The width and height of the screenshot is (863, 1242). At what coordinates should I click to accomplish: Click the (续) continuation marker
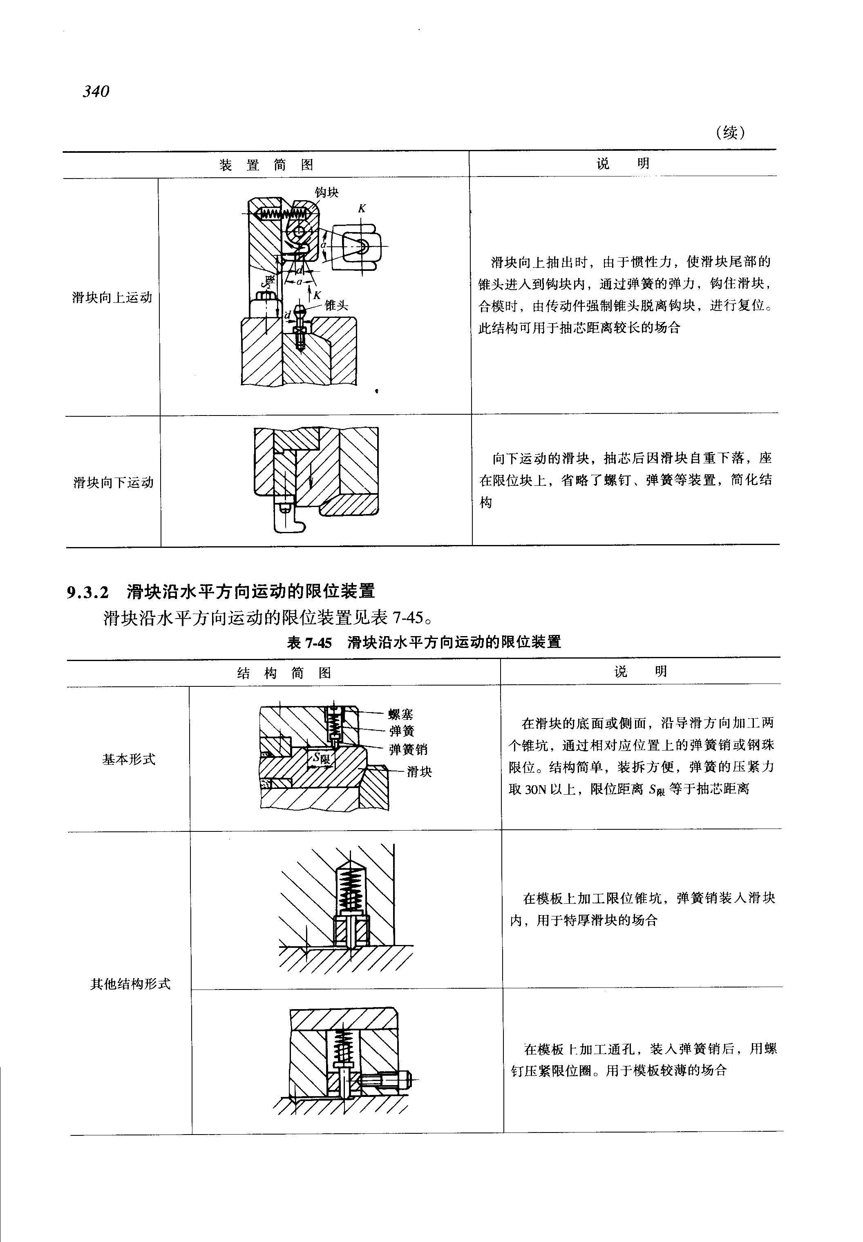pyautogui.click(x=730, y=132)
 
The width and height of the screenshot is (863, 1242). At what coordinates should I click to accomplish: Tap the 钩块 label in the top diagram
pyautogui.click(x=326, y=192)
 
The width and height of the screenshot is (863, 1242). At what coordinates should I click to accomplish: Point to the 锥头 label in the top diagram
pyautogui.click(x=336, y=306)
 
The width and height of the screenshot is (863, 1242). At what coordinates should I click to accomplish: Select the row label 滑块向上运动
pyautogui.click(x=112, y=297)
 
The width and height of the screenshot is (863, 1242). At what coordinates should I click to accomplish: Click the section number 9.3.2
pyautogui.click(x=87, y=592)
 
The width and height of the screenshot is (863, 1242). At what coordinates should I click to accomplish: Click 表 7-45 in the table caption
pyautogui.click(x=309, y=642)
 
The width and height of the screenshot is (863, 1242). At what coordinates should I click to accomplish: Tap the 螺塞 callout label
pyautogui.click(x=401, y=714)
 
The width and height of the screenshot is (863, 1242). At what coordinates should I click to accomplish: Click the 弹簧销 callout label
pyautogui.click(x=408, y=749)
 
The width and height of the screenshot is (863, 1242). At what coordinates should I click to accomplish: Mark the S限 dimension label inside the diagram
pyautogui.click(x=321, y=758)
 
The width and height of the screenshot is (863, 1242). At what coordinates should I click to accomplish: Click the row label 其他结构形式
pyautogui.click(x=130, y=983)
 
